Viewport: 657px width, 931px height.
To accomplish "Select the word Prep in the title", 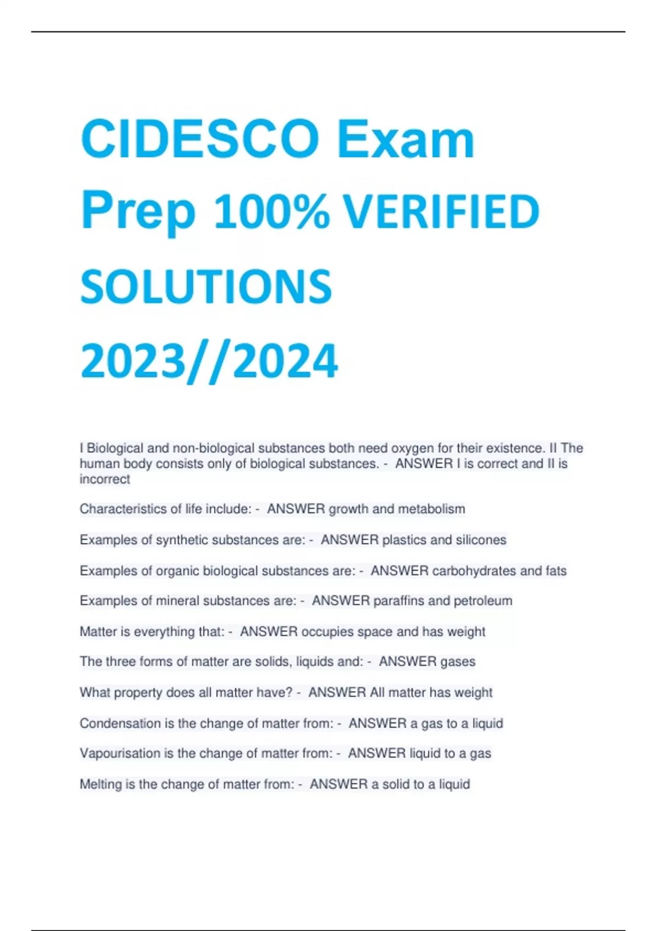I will click(138, 212).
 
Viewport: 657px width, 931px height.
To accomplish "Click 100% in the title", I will click(272, 212).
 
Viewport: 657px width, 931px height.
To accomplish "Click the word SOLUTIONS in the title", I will click(206, 286).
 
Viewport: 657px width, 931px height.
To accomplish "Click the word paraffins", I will click(399, 601).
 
